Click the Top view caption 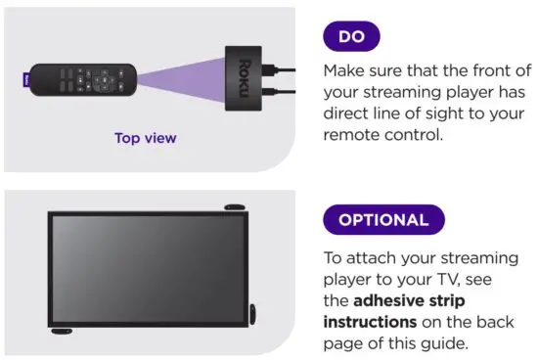coord(146,138)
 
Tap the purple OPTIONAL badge coord(382,219)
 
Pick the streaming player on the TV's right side coord(253,315)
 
